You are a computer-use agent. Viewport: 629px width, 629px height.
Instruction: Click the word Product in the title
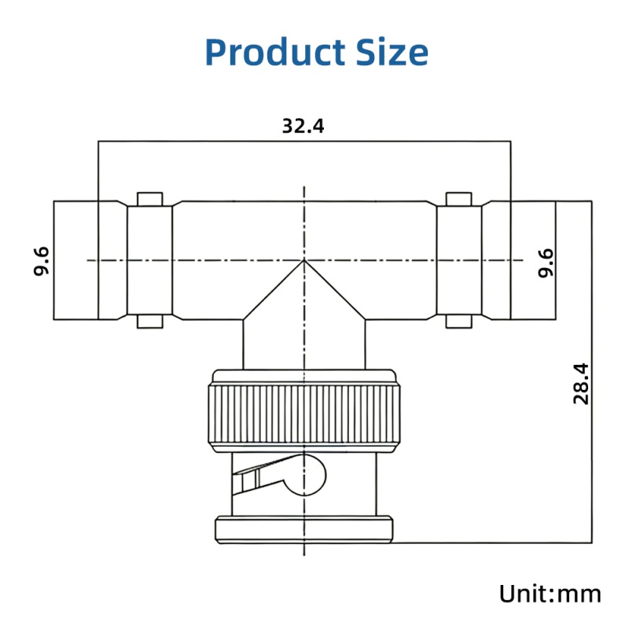click(267, 52)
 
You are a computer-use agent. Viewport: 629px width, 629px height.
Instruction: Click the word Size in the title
click(388, 52)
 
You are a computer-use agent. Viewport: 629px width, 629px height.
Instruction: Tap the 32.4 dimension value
click(303, 126)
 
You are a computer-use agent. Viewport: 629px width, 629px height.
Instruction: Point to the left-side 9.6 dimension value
click(42, 260)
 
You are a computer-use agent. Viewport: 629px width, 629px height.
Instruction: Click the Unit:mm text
click(550, 594)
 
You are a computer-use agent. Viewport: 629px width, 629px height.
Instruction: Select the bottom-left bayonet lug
click(149, 321)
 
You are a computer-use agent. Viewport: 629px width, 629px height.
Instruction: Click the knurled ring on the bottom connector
click(303, 416)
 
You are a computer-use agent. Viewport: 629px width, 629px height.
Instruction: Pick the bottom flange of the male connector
click(303, 529)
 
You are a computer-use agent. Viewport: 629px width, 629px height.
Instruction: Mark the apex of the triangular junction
click(304, 261)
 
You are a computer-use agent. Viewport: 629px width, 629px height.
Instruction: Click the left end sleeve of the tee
click(75, 260)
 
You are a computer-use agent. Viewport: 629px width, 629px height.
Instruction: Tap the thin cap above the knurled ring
click(303, 374)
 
